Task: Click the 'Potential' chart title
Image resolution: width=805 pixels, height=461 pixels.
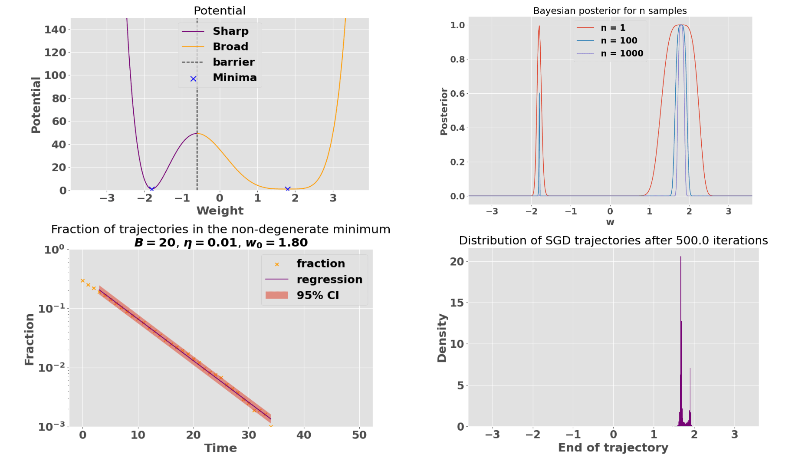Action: point(220,10)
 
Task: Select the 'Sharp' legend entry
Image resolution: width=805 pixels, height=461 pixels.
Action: point(230,31)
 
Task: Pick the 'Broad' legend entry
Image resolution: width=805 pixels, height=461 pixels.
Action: point(230,46)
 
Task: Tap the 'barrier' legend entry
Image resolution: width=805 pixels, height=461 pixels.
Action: point(233,62)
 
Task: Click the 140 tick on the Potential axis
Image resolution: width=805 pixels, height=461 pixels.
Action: point(55,30)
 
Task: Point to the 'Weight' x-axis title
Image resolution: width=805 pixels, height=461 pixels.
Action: point(220,211)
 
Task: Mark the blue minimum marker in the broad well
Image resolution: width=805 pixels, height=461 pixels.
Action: point(287,189)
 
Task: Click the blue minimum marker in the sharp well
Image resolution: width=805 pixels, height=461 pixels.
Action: point(151,189)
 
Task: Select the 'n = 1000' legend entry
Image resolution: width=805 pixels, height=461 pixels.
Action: point(622,53)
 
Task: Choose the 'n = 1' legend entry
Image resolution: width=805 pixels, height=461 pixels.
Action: point(613,28)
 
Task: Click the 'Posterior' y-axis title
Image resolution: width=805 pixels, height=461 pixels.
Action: point(444,112)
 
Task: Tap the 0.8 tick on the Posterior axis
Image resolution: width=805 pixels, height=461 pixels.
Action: point(457,59)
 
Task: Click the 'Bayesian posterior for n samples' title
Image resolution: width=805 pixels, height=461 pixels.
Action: point(610,10)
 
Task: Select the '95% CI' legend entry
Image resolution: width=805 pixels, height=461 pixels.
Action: point(318,295)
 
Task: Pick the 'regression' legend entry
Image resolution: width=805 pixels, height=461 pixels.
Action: point(329,279)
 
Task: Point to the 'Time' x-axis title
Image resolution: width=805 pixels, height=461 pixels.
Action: point(220,448)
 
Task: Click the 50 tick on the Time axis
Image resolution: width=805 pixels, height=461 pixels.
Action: point(359,435)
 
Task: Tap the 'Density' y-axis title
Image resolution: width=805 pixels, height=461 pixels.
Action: point(442,338)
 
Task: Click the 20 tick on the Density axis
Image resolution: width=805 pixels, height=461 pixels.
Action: point(457,261)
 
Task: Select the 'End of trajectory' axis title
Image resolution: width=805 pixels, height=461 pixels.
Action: point(613,448)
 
